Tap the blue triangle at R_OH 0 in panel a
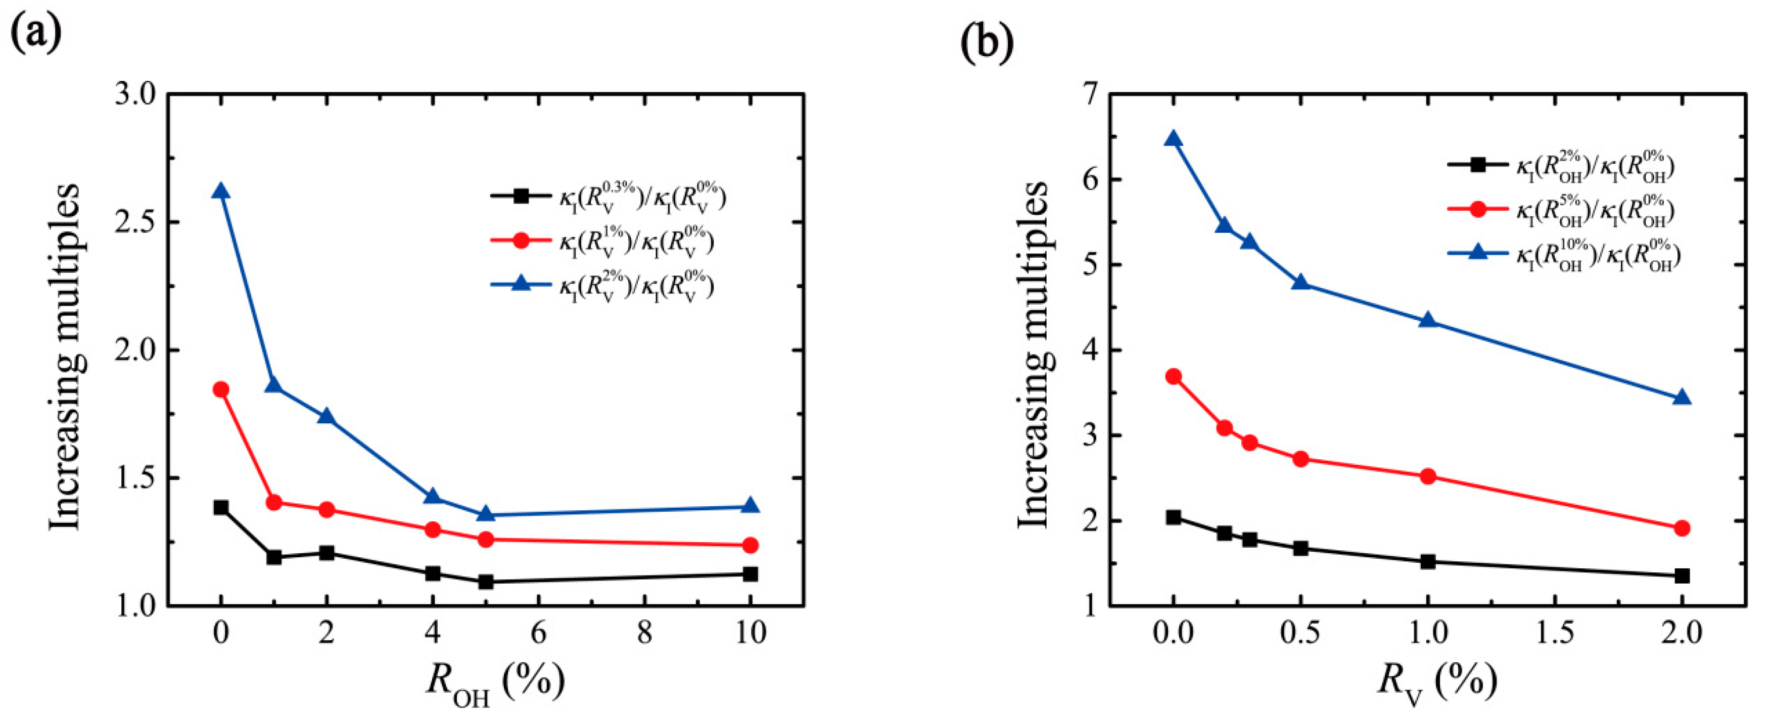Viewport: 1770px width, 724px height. [220, 191]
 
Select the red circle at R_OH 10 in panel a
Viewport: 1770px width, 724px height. [751, 546]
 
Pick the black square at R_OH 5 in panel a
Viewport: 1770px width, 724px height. [486, 582]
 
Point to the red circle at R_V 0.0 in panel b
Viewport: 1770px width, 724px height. [1174, 376]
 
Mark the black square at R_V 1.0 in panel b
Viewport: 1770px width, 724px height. [1428, 561]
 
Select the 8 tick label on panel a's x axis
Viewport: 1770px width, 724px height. [644, 633]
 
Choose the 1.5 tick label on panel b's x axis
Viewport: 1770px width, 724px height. [1554, 633]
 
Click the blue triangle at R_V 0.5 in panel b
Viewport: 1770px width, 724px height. [1300, 283]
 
